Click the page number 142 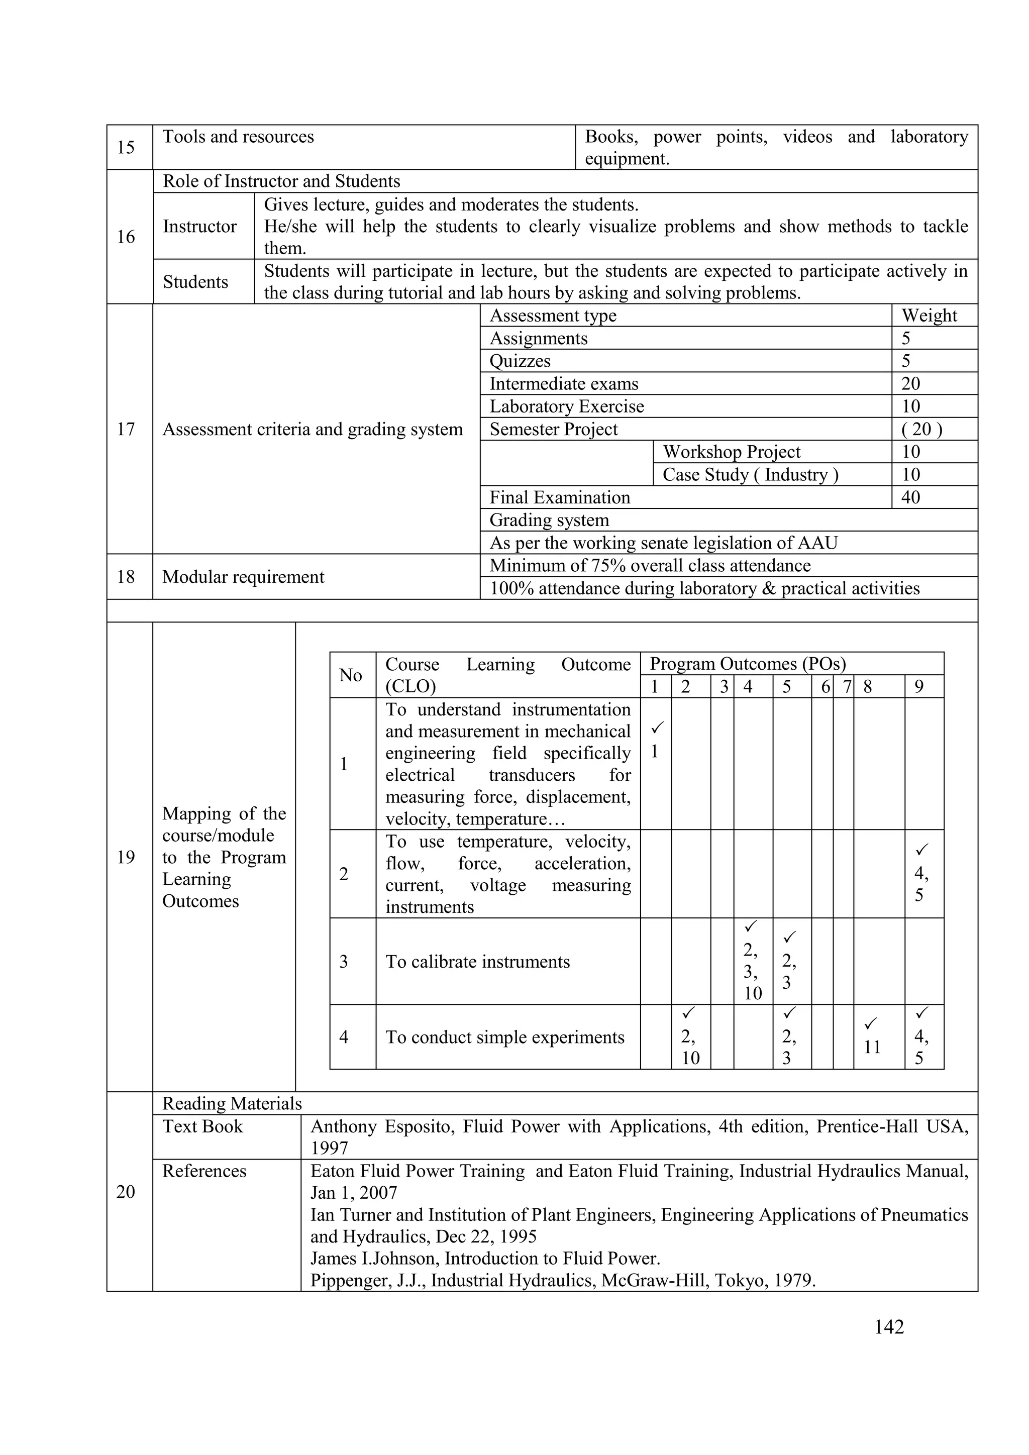pyautogui.click(x=888, y=1326)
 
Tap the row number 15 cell pyautogui.click(x=126, y=147)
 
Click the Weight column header pyautogui.click(x=929, y=316)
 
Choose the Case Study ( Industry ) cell pyautogui.click(x=750, y=475)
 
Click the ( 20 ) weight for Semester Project pyautogui.click(x=921, y=429)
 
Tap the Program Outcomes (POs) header pyautogui.click(x=748, y=664)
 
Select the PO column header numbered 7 pyautogui.click(x=847, y=687)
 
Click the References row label pyautogui.click(x=204, y=1171)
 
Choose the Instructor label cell pyautogui.click(x=199, y=226)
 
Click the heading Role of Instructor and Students pyautogui.click(x=281, y=181)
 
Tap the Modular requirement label pyautogui.click(x=243, y=577)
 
